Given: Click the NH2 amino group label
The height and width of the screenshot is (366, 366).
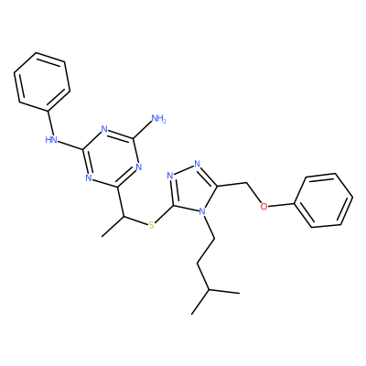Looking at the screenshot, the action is (x=158, y=118).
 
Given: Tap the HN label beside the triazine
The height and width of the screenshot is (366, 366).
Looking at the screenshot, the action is (x=51, y=140).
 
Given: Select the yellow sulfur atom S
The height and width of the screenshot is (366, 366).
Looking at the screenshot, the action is (x=151, y=226).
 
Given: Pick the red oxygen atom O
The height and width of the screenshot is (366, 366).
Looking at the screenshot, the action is (x=264, y=207).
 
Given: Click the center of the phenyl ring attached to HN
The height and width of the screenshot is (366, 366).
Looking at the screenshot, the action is (x=42, y=81).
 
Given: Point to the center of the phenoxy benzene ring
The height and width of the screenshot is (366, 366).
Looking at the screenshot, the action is (x=325, y=200).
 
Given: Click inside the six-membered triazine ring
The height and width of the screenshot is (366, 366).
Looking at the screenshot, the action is (x=111, y=157).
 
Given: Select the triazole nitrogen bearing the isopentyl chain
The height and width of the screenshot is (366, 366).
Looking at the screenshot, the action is (x=202, y=211).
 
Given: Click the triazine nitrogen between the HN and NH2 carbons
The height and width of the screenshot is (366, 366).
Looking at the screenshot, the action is (x=104, y=129).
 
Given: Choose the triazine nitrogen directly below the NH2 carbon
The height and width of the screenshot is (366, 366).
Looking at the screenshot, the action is (x=139, y=167).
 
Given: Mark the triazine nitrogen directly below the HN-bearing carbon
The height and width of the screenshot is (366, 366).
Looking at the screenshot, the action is (x=89, y=178).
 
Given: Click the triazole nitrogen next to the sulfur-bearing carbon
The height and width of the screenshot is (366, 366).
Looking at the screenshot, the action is (x=170, y=176).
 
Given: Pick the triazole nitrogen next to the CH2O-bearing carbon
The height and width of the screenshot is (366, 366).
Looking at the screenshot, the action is (x=198, y=164).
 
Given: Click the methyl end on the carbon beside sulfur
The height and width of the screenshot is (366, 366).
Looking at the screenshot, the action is (x=102, y=236).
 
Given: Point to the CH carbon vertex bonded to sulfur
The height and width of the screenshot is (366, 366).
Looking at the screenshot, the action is (x=124, y=217).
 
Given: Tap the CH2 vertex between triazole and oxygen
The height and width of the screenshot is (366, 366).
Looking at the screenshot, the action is (x=246, y=183).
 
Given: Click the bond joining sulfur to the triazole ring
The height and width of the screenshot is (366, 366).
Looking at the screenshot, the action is (x=165, y=214).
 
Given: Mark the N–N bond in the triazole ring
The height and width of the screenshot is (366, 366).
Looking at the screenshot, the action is (x=184, y=170).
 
